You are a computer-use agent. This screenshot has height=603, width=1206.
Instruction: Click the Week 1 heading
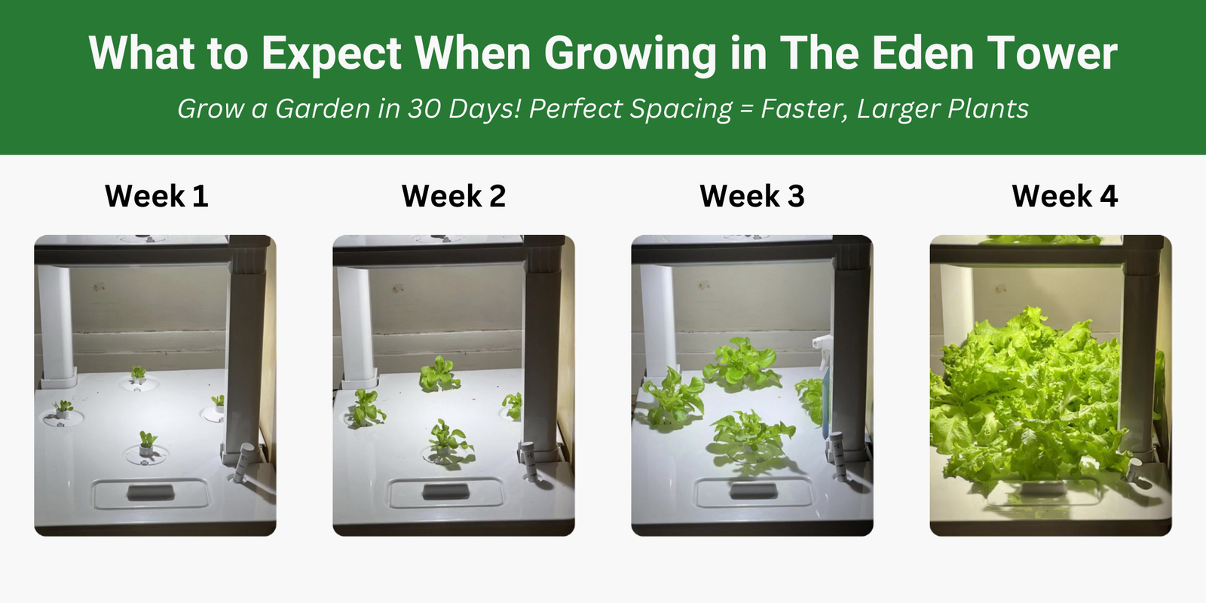coord(157,195)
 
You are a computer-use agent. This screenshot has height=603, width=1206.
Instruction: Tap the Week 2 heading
coord(454,195)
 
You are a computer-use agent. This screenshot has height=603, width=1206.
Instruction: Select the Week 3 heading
coord(752,195)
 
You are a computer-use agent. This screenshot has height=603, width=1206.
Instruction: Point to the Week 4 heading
coord(1065,195)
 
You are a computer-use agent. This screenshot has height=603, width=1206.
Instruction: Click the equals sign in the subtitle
coord(746,109)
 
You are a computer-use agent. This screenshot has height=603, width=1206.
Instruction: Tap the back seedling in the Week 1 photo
coord(139,374)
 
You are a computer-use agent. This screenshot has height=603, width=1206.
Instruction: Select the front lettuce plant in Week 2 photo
coord(449,439)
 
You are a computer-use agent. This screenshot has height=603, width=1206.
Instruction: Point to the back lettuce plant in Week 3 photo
coord(742,362)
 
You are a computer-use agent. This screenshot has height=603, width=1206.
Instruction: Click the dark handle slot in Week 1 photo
coord(151,491)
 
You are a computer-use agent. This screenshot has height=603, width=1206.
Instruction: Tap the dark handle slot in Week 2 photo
coord(445,491)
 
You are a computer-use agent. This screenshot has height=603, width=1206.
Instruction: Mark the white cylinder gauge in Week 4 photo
coord(1135,472)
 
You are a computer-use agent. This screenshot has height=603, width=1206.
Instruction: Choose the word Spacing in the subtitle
coord(681,109)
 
